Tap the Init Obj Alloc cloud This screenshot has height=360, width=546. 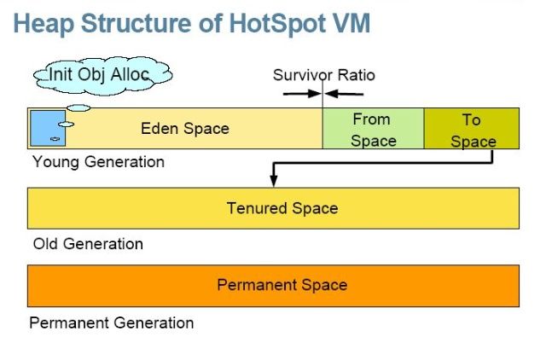click(x=102, y=76)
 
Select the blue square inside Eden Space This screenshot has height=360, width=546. click(x=48, y=128)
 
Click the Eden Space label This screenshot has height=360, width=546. click(x=185, y=129)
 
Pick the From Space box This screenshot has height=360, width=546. click(x=374, y=129)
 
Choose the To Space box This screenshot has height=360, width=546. click(x=472, y=129)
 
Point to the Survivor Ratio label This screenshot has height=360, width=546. click(x=324, y=75)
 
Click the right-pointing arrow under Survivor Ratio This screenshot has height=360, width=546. click(x=302, y=94)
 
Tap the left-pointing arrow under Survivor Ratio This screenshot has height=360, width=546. click(x=344, y=94)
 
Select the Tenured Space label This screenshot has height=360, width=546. click(x=282, y=208)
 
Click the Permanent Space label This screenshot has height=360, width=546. click(x=282, y=285)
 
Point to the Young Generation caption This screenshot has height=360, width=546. click(x=99, y=162)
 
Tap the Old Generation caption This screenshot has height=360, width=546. click(x=88, y=244)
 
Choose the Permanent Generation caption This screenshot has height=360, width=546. click(x=112, y=322)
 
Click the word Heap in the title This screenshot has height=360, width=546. click(x=44, y=25)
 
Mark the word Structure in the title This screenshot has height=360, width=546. click(x=136, y=23)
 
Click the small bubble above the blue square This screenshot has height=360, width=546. click(x=78, y=108)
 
